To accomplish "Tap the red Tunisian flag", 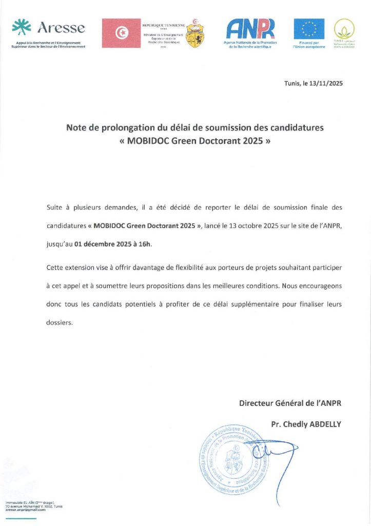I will [122, 33].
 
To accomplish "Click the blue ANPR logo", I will [251, 29].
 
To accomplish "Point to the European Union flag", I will [309, 29].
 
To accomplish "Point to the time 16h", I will [145, 245].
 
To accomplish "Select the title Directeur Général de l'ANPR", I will [290, 403].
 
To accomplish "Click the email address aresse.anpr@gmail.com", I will [25, 510].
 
